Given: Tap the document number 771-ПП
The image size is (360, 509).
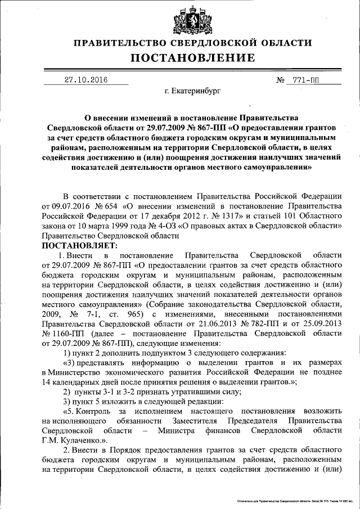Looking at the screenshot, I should click(304, 80).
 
